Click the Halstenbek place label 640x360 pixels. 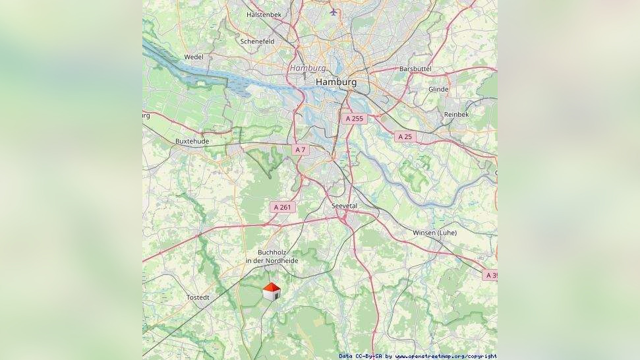[264, 14]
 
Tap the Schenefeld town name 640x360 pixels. [257, 41]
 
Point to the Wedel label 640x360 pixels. [194, 57]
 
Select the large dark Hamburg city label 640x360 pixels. [336, 82]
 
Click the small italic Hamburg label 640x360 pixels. [307, 68]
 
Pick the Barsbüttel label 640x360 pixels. [415, 69]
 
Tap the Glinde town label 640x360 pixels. [438, 89]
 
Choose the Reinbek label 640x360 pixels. [456, 114]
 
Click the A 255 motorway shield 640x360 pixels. [354, 119]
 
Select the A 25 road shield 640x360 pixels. [405, 136]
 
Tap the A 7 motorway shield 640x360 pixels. [301, 150]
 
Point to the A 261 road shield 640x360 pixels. [282, 207]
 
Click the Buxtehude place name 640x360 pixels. [192, 141]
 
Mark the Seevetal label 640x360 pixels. [344, 206]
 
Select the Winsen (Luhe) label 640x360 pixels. [434, 233]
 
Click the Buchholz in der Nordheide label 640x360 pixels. [272, 256]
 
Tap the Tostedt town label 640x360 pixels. [198, 297]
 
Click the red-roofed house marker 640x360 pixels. [272, 291]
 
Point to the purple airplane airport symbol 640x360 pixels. [334, 12]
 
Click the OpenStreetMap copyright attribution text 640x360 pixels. [418, 356]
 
